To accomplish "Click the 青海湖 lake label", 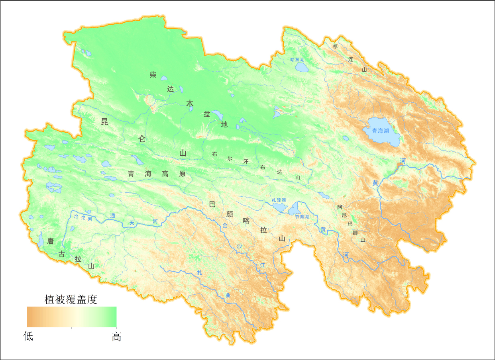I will pyautogui.click(x=380, y=131).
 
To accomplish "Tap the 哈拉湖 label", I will pyautogui.click(x=297, y=59).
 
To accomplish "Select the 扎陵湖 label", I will pyautogui.click(x=279, y=200).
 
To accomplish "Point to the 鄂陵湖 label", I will pyautogui.click(x=302, y=217).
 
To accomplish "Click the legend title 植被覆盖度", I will pyautogui.click(x=71, y=299).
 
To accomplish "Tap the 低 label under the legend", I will pyautogui.click(x=28, y=337).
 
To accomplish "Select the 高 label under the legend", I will pyautogui.click(x=116, y=337).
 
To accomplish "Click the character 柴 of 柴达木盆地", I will pyautogui.click(x=153, y=75).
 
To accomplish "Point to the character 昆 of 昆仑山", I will pyautogui.click(x=104, y=122).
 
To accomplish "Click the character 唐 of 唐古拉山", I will pyautogui.click(x=51, y=241).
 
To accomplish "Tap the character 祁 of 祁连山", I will pyautogui.click(x=335, y=47).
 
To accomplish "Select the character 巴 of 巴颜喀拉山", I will pyautogui.click(x=212, y=204).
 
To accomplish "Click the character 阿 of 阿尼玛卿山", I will pyautogui.click(x=340, y=207).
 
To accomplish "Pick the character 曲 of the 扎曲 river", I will pyautogui.click(x=228, y=295).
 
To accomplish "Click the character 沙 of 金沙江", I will pyautogui.click(x=239, y=246).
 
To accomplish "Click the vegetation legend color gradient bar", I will pyautogui.click(x=71, y=317).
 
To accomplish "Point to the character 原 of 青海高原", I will pyautogui.click(x=183, y=174).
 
